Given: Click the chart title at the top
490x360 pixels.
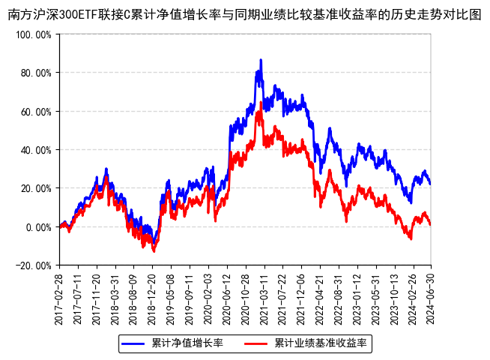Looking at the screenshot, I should coord(245,15).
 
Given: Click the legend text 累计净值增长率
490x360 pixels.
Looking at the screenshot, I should coord(187,343).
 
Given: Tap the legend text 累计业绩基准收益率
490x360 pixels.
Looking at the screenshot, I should coord(320,343).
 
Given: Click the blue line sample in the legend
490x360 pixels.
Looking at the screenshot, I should coord(134,343).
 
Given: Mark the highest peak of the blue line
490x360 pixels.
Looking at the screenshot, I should coord(261,60).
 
